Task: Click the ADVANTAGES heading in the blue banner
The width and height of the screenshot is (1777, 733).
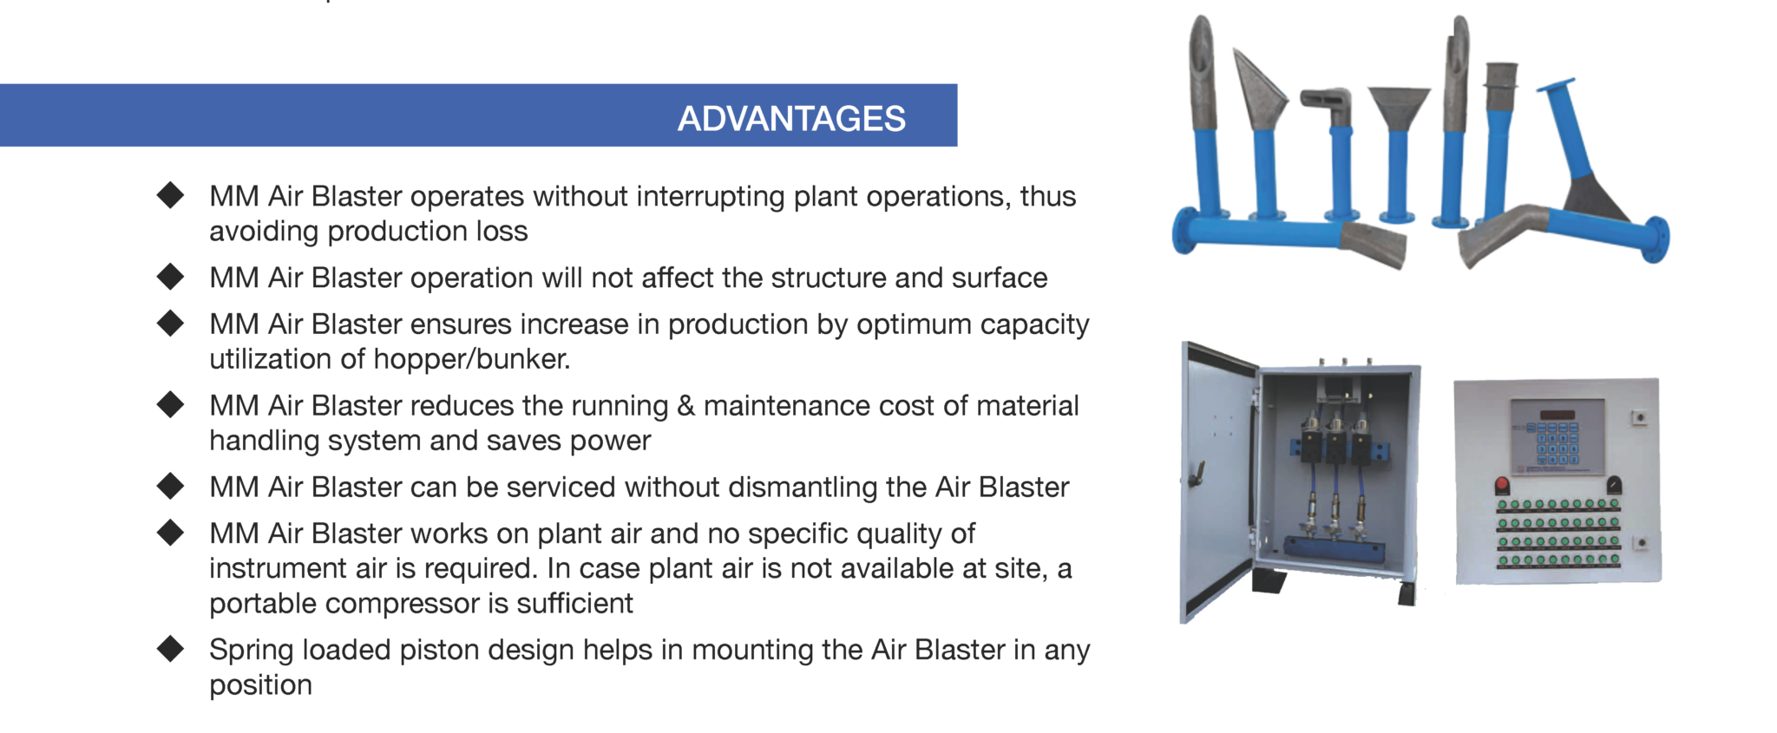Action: pos(791,119)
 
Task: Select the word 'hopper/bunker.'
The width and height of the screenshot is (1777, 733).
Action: pos(472,359)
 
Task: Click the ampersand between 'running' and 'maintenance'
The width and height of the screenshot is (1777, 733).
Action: pos(685,405)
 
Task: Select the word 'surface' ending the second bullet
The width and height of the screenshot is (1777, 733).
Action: pos(1000,278)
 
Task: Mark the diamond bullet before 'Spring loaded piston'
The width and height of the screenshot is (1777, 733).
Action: pos(171,648)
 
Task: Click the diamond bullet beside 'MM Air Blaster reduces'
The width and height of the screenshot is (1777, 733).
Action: pos(171,403)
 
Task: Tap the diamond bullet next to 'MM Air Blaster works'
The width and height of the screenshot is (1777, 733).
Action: pos(171,532)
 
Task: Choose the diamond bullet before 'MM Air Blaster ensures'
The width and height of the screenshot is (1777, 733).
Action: pos(171,323)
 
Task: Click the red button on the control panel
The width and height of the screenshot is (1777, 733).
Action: pos(1502,484)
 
